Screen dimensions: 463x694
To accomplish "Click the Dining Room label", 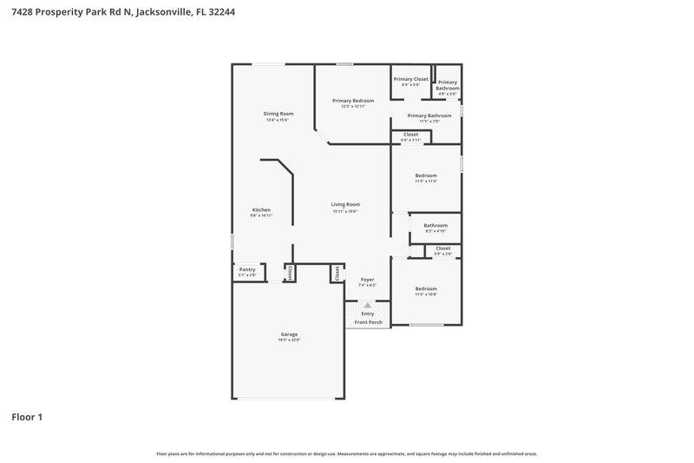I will [278, 114].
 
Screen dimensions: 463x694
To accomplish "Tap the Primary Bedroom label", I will [353, 101].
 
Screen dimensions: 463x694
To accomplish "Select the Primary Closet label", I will [410, 79].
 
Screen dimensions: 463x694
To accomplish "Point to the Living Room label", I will [345, 204].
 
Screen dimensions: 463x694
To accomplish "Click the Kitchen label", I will [261, 209].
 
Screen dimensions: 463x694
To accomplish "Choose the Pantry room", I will [247, 272].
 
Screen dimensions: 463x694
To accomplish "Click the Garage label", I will [289, 334].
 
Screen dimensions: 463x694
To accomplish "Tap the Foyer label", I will [367, 280].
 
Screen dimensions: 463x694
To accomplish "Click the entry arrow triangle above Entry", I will [367, 305].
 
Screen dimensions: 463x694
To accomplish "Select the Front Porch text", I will [369, 322].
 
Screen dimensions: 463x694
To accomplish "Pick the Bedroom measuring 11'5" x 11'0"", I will [425, 175].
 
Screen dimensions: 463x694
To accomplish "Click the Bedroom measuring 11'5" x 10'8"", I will [425, 288].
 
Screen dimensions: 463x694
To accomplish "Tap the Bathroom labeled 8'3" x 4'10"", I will [435, 226].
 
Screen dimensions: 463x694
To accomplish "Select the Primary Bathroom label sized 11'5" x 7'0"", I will [429, 116].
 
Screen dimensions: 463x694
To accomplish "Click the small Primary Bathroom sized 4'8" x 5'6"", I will [447, 85].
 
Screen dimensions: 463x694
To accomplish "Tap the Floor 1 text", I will [26, 417].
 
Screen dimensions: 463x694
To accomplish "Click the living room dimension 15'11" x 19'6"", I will [345, 211].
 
